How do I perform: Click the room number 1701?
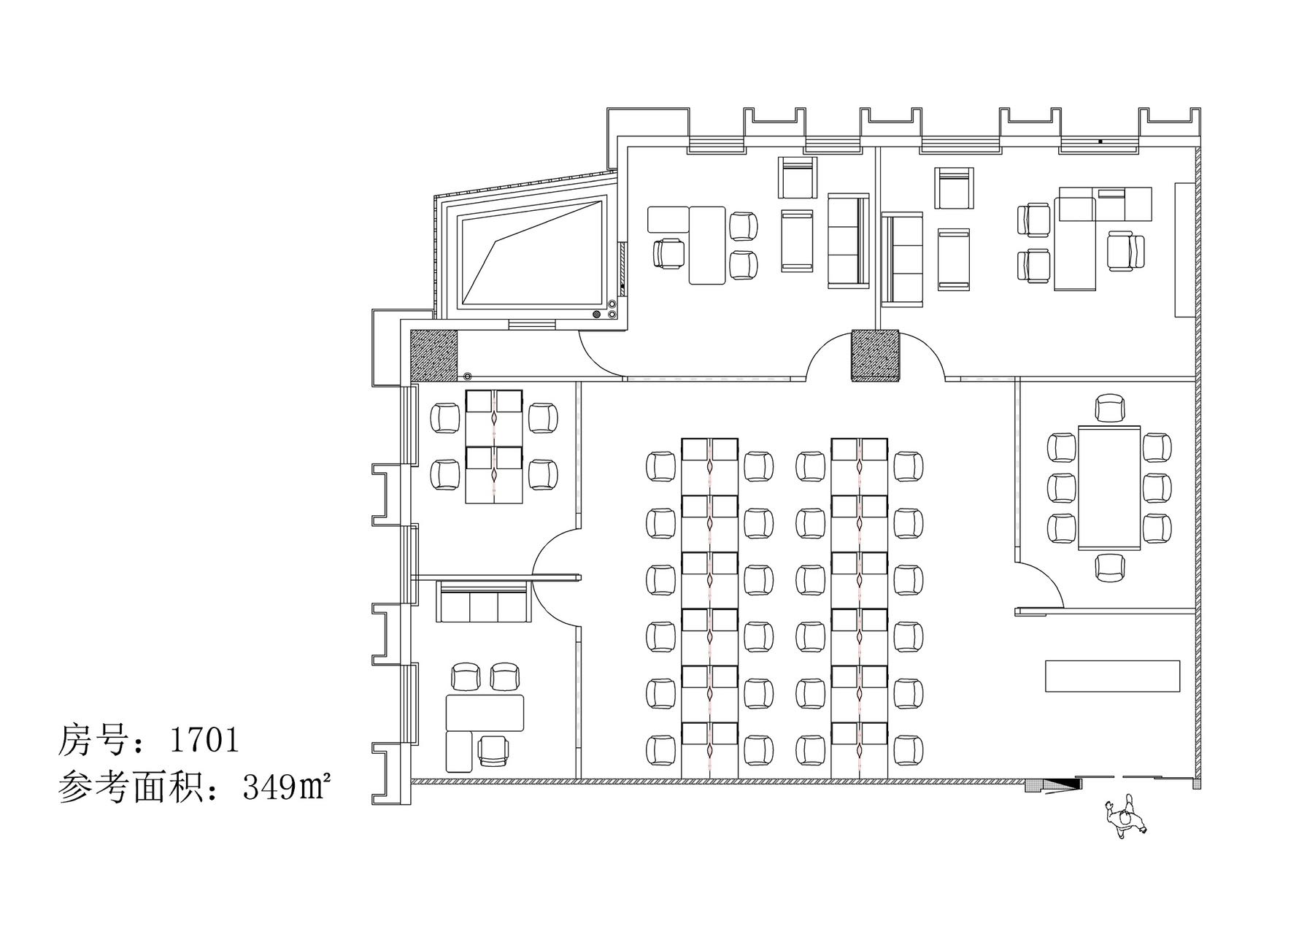[x=204, y=741]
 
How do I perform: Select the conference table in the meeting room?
[x=1109, y=488]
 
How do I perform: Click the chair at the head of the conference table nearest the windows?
[x=1109, y=408]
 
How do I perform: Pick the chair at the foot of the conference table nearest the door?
[x=1109, y=568]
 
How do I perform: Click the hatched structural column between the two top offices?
[x=876, y=355]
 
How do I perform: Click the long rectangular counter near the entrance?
[x=1112, y=676]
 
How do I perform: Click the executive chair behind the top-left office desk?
[x=670, y=253]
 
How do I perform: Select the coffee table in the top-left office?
[x=797, y=241]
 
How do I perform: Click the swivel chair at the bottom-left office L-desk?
[x=493, y=752]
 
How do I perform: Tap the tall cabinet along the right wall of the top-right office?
[x=1184, y=250]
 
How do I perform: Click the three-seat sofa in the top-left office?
[x=849, y=240]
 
